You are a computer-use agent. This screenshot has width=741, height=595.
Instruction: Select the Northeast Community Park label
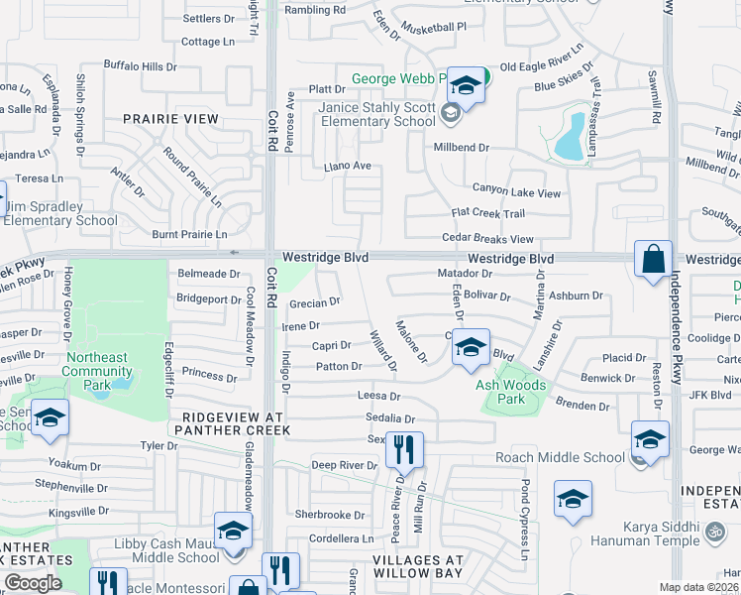[x=96, y=365]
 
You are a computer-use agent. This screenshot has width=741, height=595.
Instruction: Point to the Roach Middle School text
[x=561, y=457]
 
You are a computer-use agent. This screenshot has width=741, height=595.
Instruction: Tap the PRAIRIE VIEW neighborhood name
[x=170, y=119]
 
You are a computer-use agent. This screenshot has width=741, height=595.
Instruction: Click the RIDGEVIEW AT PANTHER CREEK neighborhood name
[x=232, y=423]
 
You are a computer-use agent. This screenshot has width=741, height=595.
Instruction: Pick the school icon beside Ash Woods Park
[x=472, y=347]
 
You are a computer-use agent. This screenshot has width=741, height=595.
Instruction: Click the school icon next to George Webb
[x=465, y=85]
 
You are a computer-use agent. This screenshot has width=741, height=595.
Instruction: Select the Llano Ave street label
[x=347, y=166]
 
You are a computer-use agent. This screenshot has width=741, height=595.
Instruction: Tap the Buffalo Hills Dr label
[x=140, y=66]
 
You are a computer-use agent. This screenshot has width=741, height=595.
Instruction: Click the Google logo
[x=33, y=583]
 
